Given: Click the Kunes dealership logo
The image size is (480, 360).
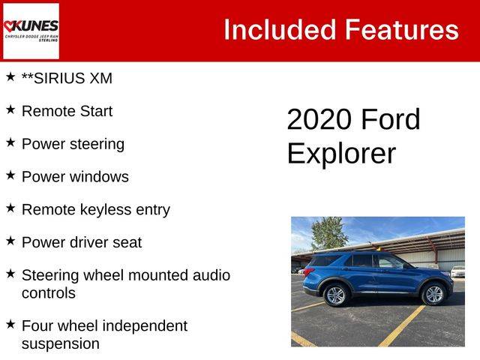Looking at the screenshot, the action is (31, 31).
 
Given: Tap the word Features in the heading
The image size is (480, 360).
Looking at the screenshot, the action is (402, 30).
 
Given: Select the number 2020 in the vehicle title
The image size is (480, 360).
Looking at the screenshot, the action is (319, 119).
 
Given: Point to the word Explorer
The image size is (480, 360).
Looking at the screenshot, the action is (342, 153).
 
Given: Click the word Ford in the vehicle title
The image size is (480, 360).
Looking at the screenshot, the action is (391, 119).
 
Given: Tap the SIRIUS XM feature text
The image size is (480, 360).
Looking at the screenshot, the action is (67, 78).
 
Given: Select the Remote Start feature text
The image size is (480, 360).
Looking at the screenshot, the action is (67, 111).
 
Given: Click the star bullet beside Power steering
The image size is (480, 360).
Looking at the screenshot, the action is (10, 142).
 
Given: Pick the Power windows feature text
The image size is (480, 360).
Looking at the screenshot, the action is (75, 177).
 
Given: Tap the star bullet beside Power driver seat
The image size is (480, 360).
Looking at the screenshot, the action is (10, 241).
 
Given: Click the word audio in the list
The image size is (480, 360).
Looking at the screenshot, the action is (211, 275).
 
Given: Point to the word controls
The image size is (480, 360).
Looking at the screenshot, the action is (49, 293).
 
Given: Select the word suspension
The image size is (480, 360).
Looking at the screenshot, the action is (61, 344).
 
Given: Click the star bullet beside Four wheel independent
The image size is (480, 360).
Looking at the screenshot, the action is (10, 324).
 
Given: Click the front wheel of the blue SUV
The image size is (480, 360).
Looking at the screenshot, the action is (433, 294).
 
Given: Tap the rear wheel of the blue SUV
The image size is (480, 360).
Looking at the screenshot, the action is (335, 295).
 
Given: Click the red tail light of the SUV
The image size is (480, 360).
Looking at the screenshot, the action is (308, 271).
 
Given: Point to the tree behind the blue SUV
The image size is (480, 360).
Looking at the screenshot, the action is (328, 233).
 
